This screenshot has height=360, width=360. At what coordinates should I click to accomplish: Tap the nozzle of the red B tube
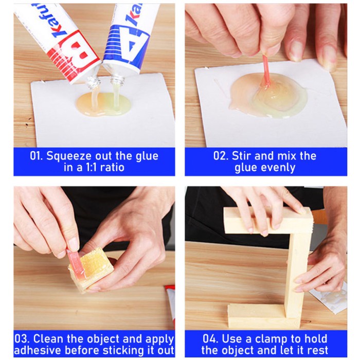click(x=93, y=81)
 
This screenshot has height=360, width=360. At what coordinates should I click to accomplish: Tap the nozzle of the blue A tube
click(x=117, y=80)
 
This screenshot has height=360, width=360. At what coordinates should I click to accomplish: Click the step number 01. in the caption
click(x=37, y=156)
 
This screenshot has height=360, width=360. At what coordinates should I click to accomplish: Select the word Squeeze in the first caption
click(x=69, y=156)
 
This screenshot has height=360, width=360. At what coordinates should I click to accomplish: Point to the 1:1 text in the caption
click(x=92, y=168)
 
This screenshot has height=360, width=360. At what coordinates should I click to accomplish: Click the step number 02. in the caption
click(x=221, y=156)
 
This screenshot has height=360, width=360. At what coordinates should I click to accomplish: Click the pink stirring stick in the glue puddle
click(x=266, y=71)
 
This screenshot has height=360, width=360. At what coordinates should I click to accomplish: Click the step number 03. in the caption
click(x=22, y=339)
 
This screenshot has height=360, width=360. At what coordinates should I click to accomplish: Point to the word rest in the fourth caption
click(x=317, y=351)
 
